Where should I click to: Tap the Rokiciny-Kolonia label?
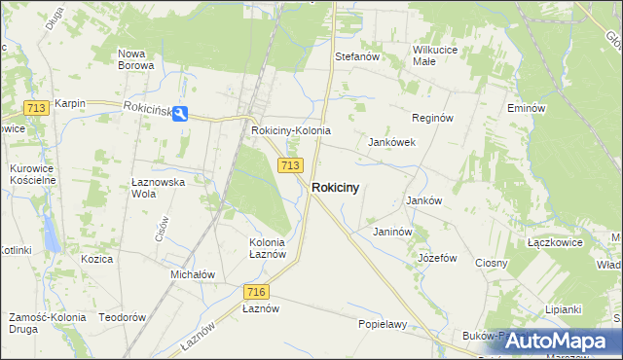click(291, 130)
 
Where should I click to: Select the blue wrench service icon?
click(183, 113)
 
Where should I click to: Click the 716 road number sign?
click(256, 291)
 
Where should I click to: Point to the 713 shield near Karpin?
click(37, 108)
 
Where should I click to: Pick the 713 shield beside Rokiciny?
click(288, 165)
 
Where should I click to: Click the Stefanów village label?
click(356, 56)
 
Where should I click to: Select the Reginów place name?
click(433, 118)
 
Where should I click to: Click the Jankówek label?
click(392, 142)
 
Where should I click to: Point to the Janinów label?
click(393, 232)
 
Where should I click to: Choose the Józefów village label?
click(437, 258)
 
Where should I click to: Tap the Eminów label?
click(525, 108)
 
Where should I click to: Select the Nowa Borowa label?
click(135, 59)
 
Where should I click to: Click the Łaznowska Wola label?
click(158, 187)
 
